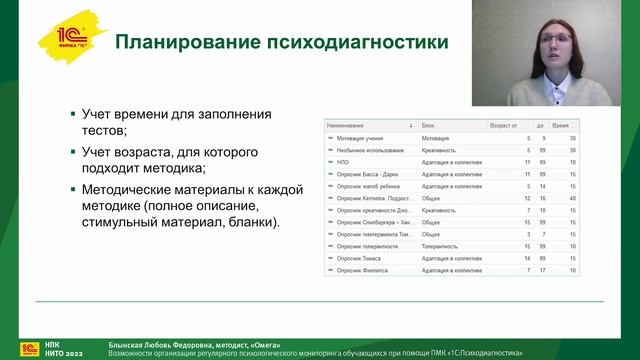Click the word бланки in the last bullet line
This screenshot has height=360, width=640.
(254, 222)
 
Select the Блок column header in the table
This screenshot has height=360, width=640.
(429, 126)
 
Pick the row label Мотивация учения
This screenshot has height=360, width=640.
(357, 138)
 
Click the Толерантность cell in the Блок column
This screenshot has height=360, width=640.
(442, 246)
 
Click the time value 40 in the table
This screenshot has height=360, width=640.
(572, 198)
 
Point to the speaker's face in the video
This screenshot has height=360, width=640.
(553, 45)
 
